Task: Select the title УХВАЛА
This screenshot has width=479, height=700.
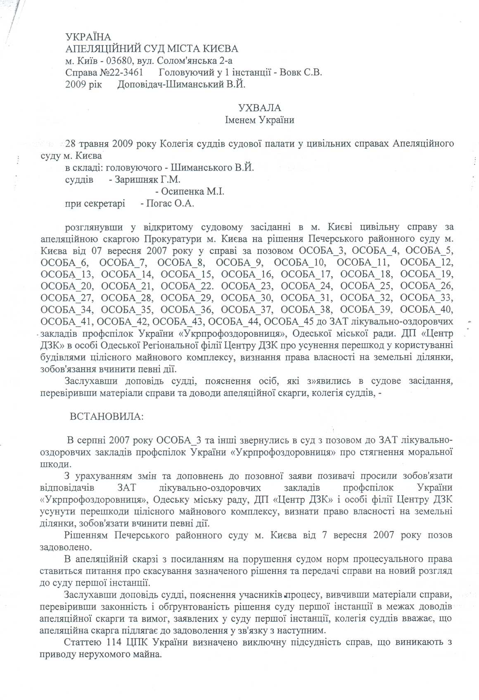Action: point(260,108)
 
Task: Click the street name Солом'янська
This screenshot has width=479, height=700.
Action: point(188,61)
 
